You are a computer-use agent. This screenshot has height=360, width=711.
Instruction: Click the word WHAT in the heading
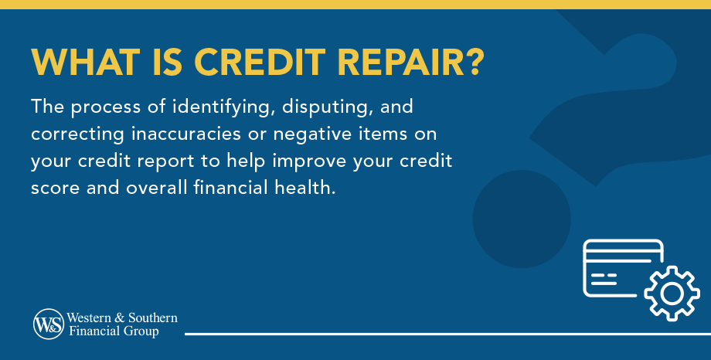click(86, 62)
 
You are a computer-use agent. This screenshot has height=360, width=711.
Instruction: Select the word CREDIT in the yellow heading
click(260, 62)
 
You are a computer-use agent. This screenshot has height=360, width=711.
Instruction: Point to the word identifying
click(223, 108)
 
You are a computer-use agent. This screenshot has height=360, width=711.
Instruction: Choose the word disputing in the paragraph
click(326, 108)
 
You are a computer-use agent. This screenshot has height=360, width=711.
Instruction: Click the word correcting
click(77, 135)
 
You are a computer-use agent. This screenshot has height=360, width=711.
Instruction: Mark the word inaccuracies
click(189, 134)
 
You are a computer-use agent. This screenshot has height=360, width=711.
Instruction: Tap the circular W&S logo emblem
click(49, 324)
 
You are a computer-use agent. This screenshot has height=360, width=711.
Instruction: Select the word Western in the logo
click(89, 318)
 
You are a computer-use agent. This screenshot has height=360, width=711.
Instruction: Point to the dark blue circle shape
click(522, 219)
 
